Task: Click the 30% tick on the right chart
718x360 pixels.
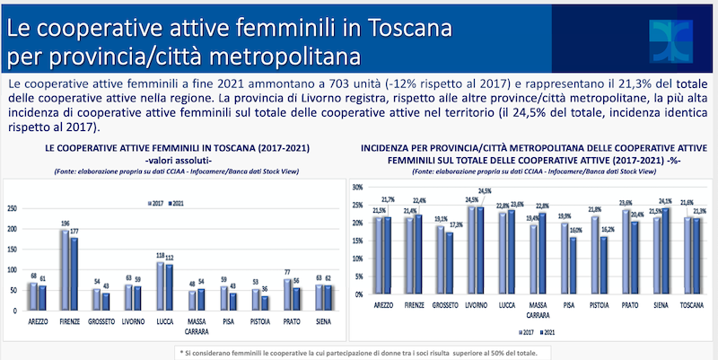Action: pyautogui.click(x=355, y=187)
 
